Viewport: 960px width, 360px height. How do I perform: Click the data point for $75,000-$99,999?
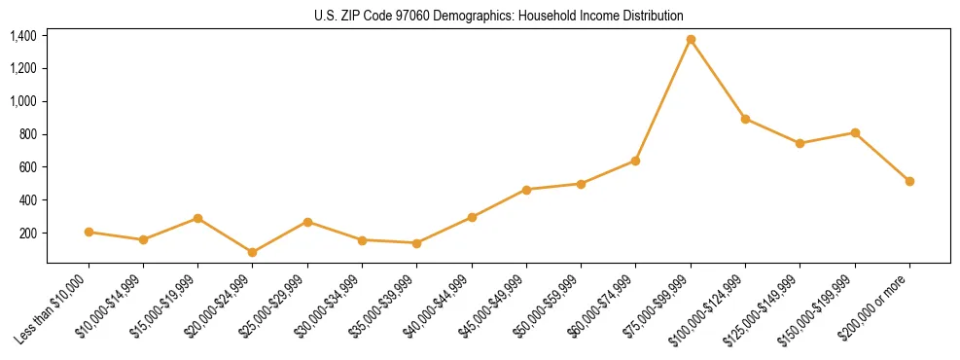[x=691, y=40]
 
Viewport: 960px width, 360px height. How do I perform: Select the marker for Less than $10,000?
[x=89, y=232]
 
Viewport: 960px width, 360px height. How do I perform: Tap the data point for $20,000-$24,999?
[x=253, y=252]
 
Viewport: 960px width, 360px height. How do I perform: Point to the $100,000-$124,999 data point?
[x=745, y=119]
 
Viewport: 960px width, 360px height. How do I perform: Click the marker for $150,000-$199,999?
[x=855, y=132]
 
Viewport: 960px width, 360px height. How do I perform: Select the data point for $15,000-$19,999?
[x=198, y=218]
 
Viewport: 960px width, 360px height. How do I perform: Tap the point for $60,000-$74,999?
[x=636, y=161]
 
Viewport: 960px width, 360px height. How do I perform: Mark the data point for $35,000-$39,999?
[x=417, y=243]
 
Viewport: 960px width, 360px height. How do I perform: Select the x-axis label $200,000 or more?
[x=882, y=304]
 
